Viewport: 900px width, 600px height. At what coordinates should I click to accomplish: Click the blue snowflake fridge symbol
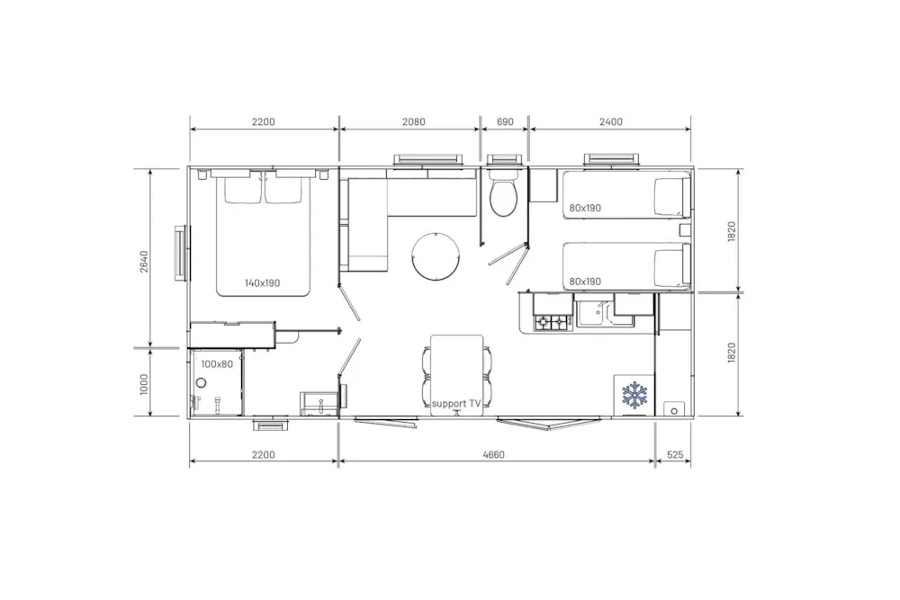[x=634, y=395]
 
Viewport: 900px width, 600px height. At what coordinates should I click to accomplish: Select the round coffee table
[x=436, y=256]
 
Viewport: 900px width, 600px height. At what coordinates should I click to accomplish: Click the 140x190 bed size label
[x=262, y=282]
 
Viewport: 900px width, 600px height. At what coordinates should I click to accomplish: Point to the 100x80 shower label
[x=217, y=364]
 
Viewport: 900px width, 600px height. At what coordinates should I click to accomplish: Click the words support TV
[x=456, y=404]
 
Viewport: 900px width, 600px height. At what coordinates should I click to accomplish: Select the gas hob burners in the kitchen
[x=552, y=322]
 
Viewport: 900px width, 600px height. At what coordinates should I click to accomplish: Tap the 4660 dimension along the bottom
[x=493, y=455]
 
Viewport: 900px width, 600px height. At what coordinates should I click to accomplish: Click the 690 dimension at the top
[x=505, y=121]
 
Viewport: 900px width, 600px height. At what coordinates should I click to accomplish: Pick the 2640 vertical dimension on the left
[x=143, y=262]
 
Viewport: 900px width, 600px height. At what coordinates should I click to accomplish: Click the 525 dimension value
[x=676, y=455]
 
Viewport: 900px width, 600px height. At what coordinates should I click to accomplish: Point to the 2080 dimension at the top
[x=414, y=121]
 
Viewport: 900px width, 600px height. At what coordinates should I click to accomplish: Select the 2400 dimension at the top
[x=611, y=121]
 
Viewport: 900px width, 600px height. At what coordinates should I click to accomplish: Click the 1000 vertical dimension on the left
[x=143, y=384]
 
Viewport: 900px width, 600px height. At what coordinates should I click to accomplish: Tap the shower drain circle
[x=202, y=382]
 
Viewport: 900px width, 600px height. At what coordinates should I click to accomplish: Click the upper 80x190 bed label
[x=585, y=208]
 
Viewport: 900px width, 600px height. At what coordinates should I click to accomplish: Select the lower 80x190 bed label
[x=585, y=282]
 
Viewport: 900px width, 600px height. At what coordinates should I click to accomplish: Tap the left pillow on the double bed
[x=243, y=190]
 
